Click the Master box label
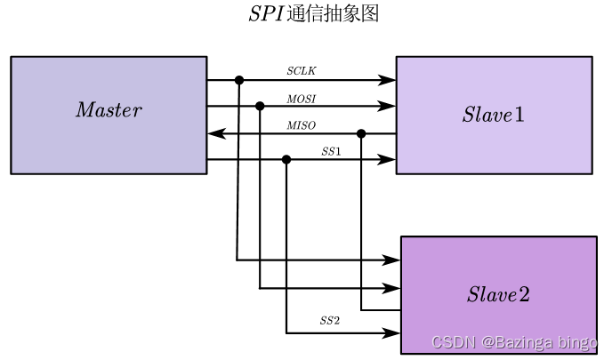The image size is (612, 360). [x=109, y=110]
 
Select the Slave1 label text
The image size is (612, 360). [x=494, y=115]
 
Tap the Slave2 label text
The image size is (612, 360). [x=498, y=295]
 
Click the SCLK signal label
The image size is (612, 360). [x=301, y=70]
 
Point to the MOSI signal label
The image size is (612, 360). [x=301, y=97]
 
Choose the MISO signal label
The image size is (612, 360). [x=301, y=124]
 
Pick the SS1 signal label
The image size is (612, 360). [x=331, y=151]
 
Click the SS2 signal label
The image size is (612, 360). [x=330, y=321]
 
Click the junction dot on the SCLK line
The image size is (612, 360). [x=239, y=80]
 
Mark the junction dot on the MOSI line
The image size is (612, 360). [x=260, y=107]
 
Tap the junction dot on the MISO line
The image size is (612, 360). [x=361, y=133]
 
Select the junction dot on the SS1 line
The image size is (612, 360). [x=286, y=160]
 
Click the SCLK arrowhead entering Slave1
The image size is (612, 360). [x=388, y=80]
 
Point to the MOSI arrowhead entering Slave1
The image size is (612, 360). [x=388, y=107]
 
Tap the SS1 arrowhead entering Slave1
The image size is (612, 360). [x=388, y=160]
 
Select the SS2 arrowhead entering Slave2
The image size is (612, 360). [x=392, y=333]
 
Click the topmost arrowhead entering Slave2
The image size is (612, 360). [x=392, y=260]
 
